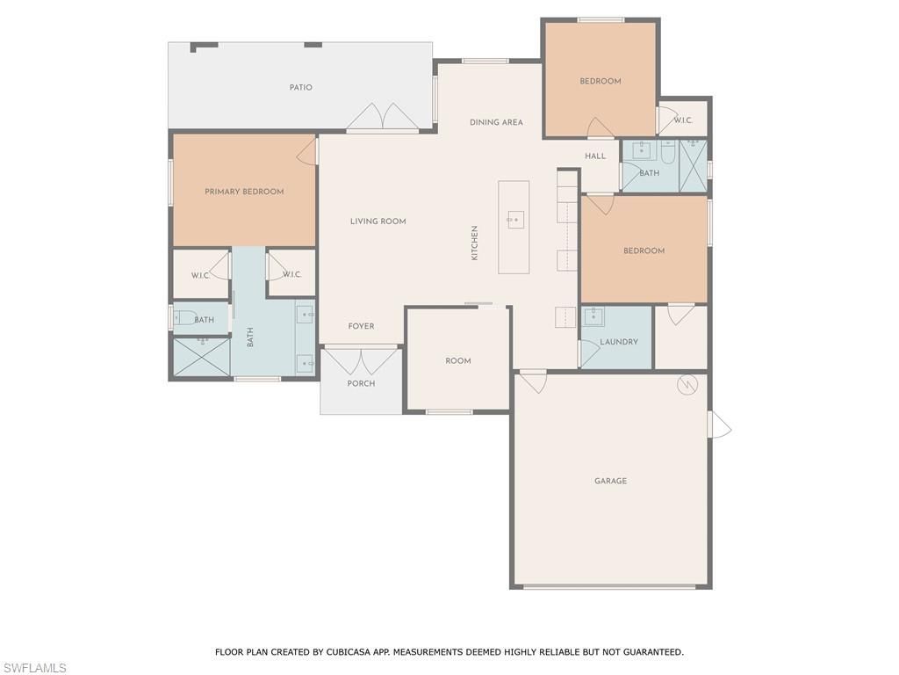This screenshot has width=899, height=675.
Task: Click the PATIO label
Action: click(x=301, y=88)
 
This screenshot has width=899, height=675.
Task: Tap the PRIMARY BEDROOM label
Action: click(x=244, y=192)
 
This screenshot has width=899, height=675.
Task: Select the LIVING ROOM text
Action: click(x=378, y=221)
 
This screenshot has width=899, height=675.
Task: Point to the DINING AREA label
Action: click(x=496, y=123)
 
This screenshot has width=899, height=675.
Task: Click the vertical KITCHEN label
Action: click(x=475, y=243)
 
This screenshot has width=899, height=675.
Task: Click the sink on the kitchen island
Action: click(x=515, y=220)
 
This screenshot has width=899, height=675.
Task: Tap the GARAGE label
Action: click(x=610, y=481)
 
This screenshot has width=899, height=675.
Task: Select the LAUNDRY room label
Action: click(x=619, y=342)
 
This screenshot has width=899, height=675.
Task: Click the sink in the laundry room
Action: click(x=593, y=316)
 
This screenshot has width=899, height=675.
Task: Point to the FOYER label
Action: click(x=361, y=326)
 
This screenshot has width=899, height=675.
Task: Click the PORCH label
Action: click(x=361, y=383)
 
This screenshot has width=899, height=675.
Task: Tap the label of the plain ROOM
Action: click(x=457, y=361)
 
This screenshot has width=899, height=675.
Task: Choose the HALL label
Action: click(x=595, y=156)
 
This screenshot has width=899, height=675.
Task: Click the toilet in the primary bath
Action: click(x=185, y=319)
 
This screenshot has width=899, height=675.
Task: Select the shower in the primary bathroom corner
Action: click(x=200, y=357)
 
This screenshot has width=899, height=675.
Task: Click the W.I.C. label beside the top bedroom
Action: click(x=683, y=120)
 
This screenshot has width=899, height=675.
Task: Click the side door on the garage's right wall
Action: click(x=719, y=425)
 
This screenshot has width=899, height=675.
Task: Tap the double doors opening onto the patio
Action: click(x=382, y=118)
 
